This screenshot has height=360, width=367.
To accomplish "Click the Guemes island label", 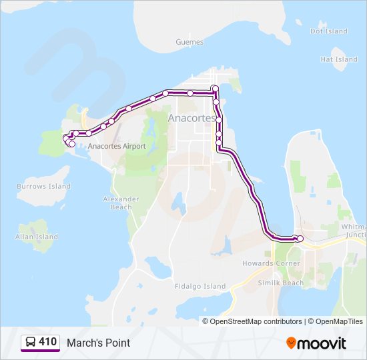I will pos(189,41).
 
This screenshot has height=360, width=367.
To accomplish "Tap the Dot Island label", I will pos(329,31).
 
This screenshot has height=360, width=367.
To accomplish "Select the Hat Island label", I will pos(339,59).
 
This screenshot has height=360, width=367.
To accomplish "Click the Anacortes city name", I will pos(192,118).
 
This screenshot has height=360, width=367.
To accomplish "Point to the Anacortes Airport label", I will pos(117,146).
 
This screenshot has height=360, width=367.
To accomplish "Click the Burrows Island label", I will pos(43,187).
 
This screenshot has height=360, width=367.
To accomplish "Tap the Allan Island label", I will pos(37,237).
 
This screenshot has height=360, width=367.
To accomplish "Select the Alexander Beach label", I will pos(121,203).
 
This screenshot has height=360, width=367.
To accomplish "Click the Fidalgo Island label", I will pos(200,287).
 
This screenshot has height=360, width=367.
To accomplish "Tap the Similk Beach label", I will pos(281,283).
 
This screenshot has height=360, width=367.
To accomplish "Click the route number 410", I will pos(47,342).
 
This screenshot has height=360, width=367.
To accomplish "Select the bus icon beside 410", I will pos(31,343).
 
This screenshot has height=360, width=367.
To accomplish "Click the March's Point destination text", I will pos(98,343).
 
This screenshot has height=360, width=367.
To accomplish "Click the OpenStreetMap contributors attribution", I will pos(256,321).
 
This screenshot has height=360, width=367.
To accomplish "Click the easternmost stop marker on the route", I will pos(300,239).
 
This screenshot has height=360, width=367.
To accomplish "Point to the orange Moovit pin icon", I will pos(291,343).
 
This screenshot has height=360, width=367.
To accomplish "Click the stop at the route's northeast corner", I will pos(215,89).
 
